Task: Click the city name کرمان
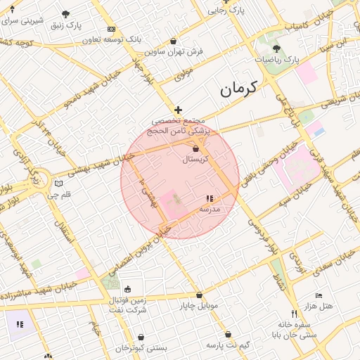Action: pyautogui.click(x=239, y=89)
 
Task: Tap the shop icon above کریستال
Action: pyautogui.click(x=195, y=149)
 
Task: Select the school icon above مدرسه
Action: pyautogui.click(x=209, y=199)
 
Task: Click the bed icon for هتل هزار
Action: pyautogui.click(x=319, y=295)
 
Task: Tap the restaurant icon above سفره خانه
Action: pyautogui.click(x=294, y=314)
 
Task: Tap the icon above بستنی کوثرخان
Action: pyautogui.click(x=141, y=337)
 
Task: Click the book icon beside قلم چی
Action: pyautogui.click(x=58, y=184)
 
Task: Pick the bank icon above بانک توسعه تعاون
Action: pyautogui.click(x=111, y=29)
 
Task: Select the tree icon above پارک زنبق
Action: pyautogui.click(x=65, y=14)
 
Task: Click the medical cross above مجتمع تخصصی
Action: pyautogui.click(x=178, y=110)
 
